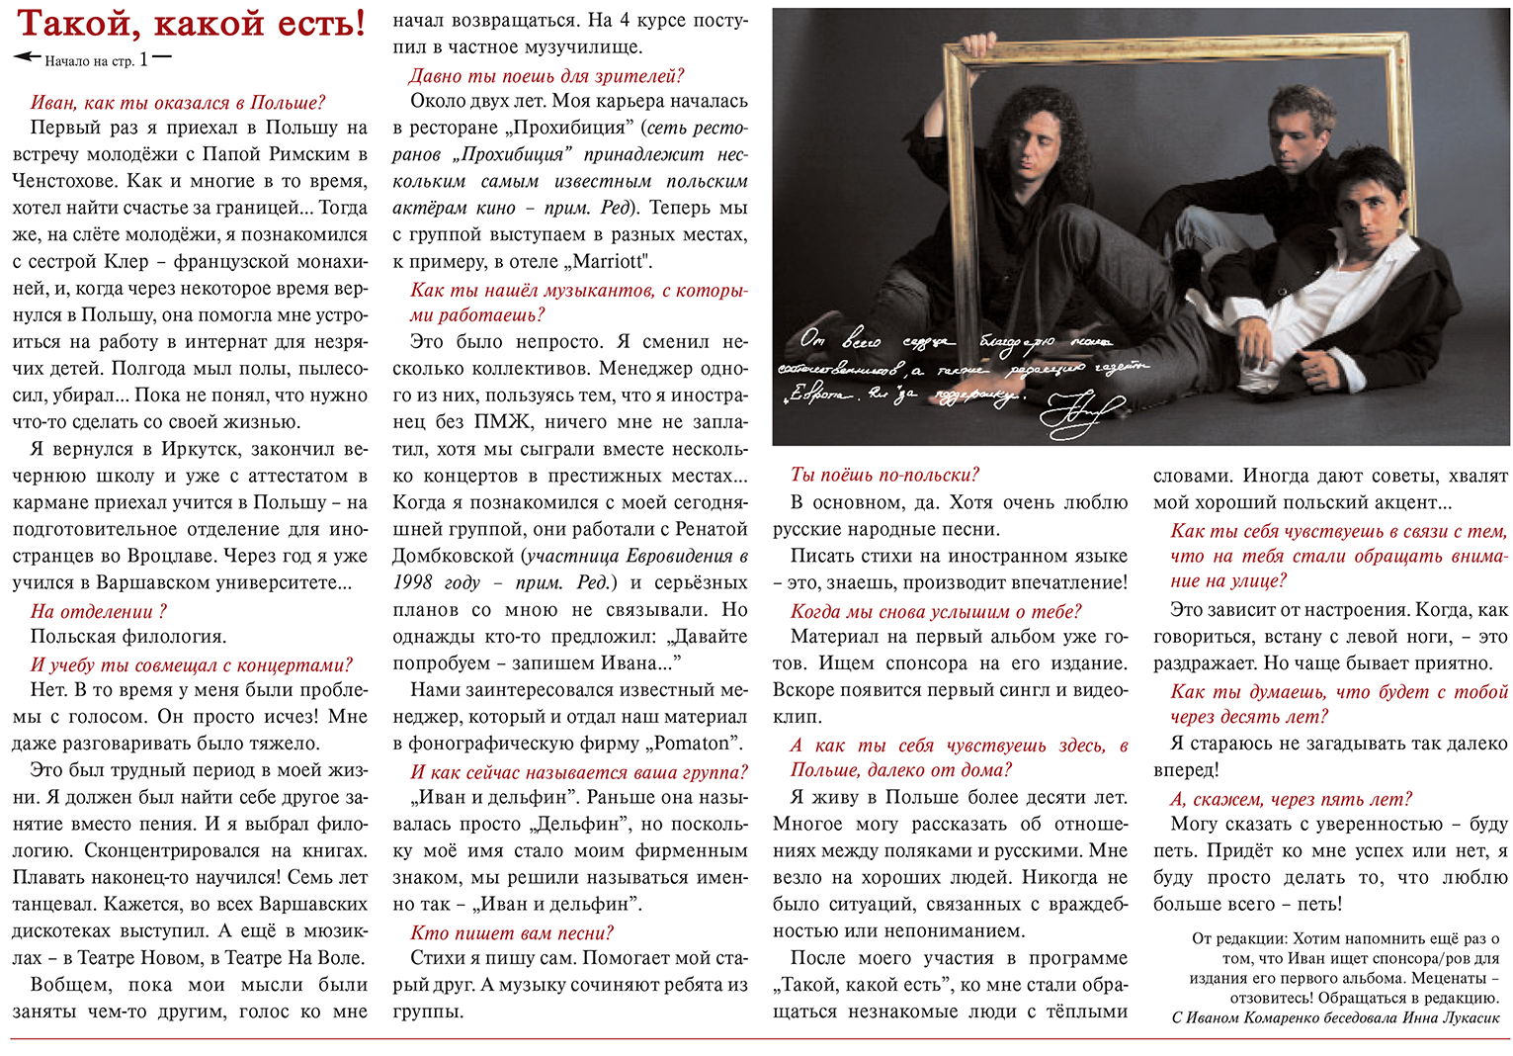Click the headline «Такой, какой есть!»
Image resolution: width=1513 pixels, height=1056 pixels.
pyautogui.click(x=192, y=23)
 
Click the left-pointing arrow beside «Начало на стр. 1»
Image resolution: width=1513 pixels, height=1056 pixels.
pyautogui.click(x=27, y=57)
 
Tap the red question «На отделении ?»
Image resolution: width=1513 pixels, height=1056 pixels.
pyautogui.click(x=99, y=611)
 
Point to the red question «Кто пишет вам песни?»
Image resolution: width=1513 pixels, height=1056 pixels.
pyautogui.click(x=512, y=932)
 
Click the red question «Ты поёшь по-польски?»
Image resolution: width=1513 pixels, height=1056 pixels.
pyautogui.click(x=885, y=475)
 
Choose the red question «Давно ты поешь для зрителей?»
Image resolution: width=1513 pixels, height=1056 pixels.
pyautogui.click(x=546, y=76)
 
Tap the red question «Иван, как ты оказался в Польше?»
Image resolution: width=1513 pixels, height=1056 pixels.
pyautogui.click(x=178, y=103)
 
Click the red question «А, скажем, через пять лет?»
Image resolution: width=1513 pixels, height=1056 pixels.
pyautogui.click(x=1292, y=799)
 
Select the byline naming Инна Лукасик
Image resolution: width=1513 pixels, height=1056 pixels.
pyautogui.click(x=1335, y=1017)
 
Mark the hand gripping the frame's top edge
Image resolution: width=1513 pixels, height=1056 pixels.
pyautogui.click(x=976, y=44)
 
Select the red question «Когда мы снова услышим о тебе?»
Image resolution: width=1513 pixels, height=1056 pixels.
pyautogui.click(x=936, y=611)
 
